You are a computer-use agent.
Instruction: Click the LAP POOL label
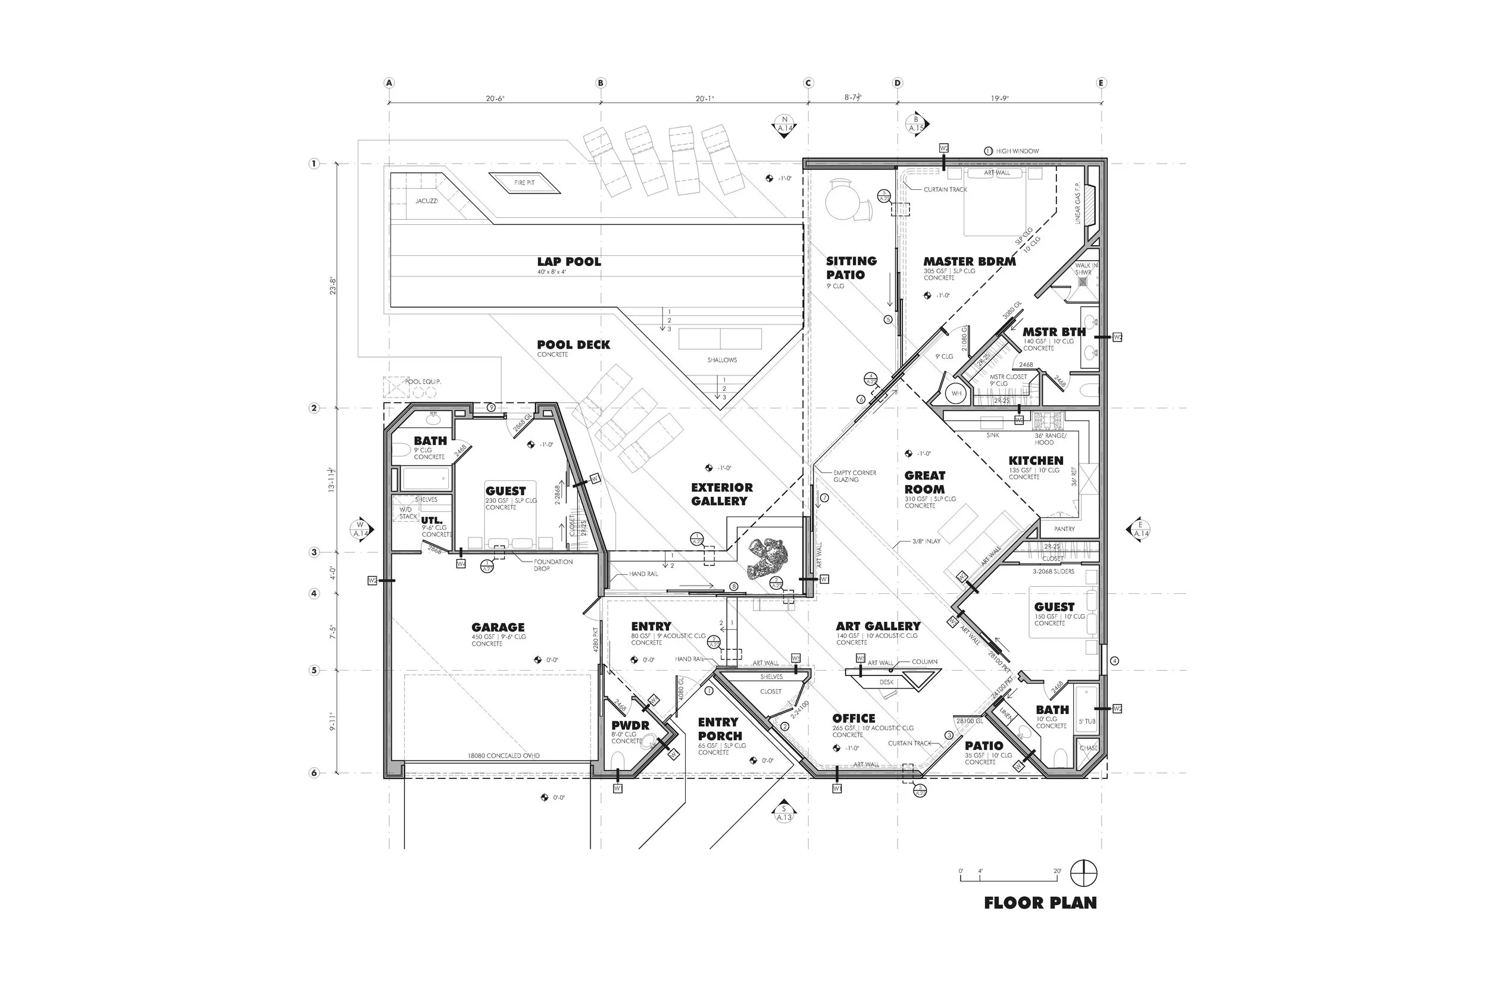click(x=569, y=262)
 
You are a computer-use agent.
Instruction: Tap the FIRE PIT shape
click(x=524, y=183)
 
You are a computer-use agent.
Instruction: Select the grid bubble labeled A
click(x=389, y=83)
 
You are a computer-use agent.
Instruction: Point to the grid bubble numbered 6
click(x=314, y=772)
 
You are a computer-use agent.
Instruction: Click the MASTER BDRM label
click(x=969, y=261)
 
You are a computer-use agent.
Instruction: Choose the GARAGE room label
click(x=498, y=627)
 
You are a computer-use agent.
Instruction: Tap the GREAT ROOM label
click(x=924, y=482)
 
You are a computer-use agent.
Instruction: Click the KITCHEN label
click(x=1036, y=461)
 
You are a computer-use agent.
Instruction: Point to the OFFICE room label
click(x=854, y=718)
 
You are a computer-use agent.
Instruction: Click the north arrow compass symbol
click(x=1084, y=874)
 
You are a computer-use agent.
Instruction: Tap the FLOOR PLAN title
click(x=1040, y=903)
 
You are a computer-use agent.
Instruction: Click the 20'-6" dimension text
click(x=495, y=99)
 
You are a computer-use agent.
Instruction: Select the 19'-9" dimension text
click(x=999, y=99)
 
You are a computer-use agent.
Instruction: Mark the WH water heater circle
click(x=956, y=393)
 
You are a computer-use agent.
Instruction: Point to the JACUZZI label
click(x=426, y=201)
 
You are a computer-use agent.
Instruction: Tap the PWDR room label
click(x=630, y=725)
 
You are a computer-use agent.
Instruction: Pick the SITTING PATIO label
click(x=851, y=268)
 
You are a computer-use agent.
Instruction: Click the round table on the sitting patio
click(x=842, y=198)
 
